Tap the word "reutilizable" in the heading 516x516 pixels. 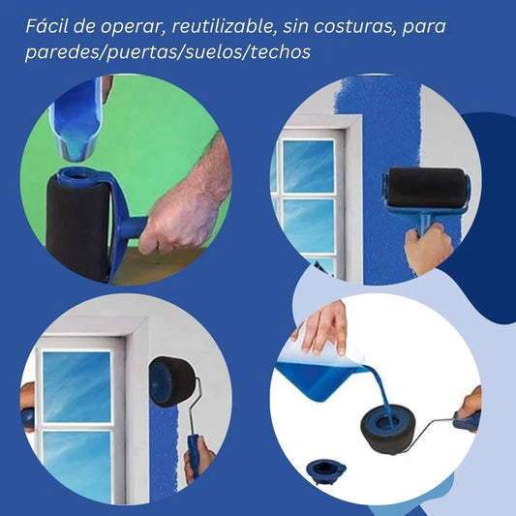tap(224, 26)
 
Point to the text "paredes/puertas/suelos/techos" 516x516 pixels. tap(167, 52)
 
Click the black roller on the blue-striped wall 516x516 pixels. tap(427, 187)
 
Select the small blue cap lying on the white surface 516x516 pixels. tap(325, 470)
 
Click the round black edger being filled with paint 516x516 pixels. tap(385, 431)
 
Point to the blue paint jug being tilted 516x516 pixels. tap(320, 376)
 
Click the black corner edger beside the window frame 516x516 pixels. tap(171, 381)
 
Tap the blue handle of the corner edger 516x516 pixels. tap(194, 455)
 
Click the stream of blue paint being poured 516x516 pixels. tap(381, 395)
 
